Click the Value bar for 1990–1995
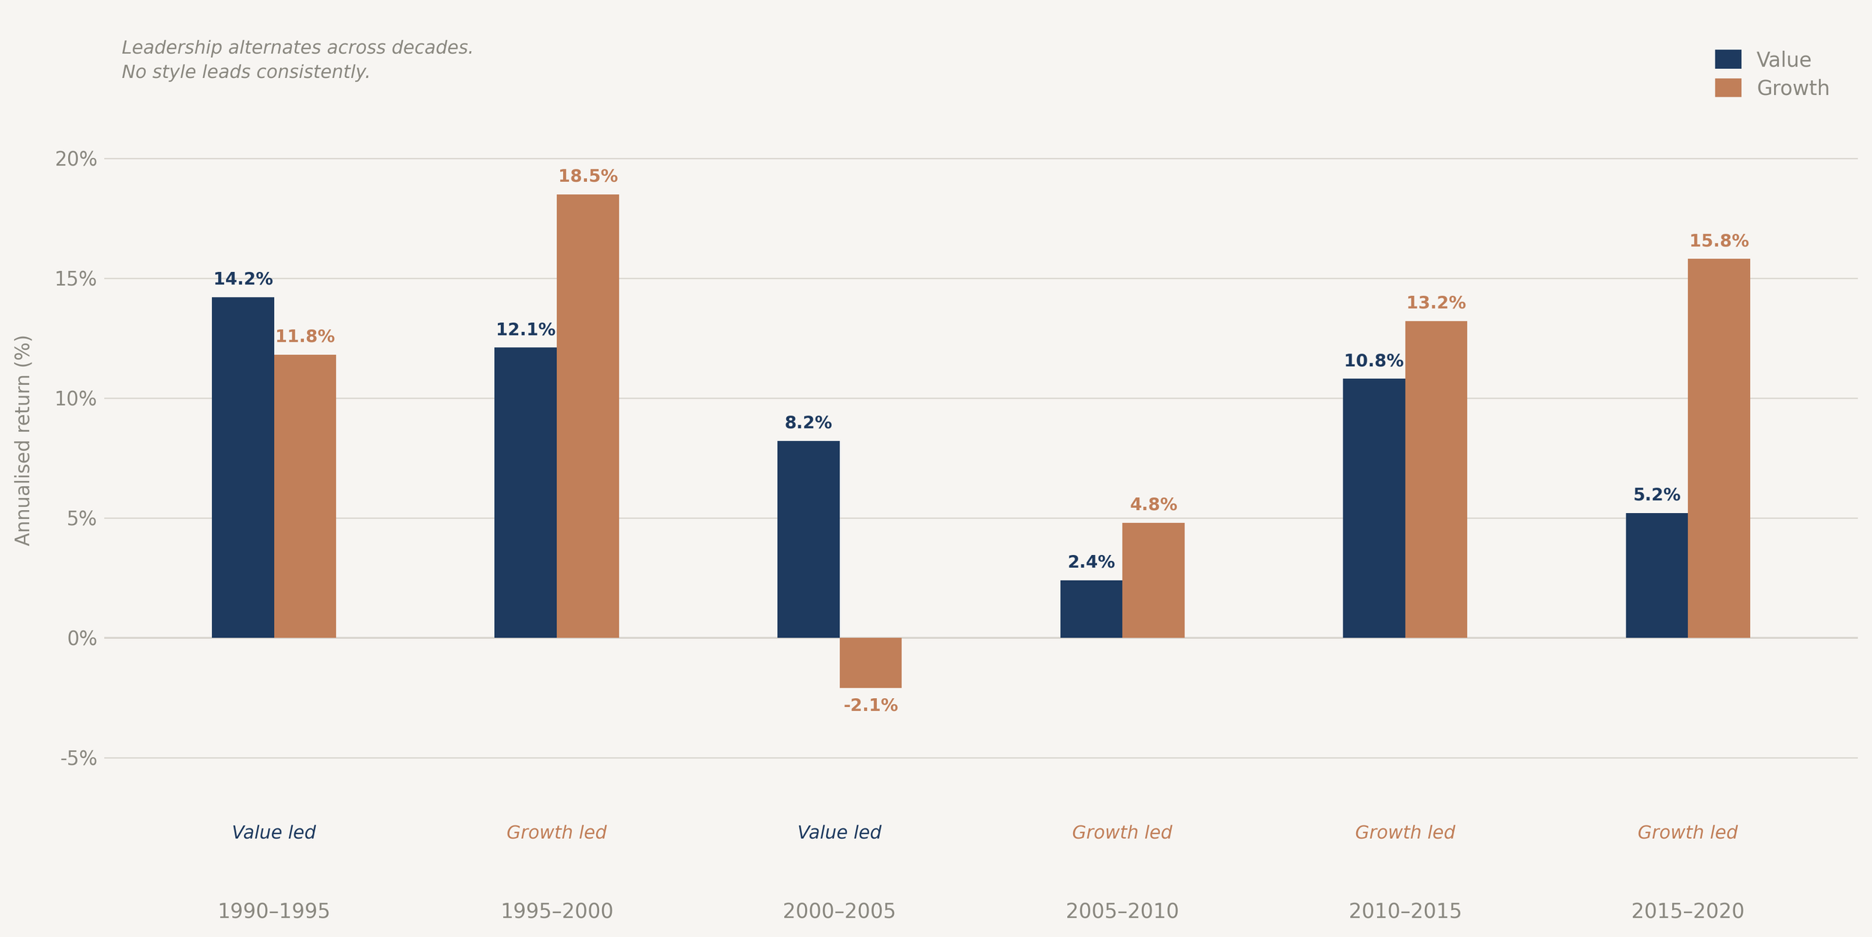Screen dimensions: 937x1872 tap(243, 467)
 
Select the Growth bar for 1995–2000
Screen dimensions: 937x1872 tap(588, 416)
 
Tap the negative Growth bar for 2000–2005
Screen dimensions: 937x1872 tap(870, 662)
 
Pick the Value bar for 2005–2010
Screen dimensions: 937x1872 tap(1091, 608)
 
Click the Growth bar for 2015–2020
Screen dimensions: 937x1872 tap(1718, 448)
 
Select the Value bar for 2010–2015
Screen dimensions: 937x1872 tap(1373, 508)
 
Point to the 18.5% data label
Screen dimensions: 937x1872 tap(588, 177)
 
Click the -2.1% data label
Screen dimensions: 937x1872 tap(870, 706)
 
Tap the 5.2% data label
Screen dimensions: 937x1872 tap(1656, 495)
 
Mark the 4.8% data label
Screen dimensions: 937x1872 tap(1153, 505)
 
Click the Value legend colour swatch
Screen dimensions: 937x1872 tap(1727, 59)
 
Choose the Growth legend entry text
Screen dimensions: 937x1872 tap(1792, 88)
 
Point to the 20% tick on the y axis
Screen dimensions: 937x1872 tap(76, 159)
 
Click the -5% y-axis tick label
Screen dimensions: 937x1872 tap(79, 759)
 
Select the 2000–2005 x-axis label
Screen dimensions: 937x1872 tap(839, 912)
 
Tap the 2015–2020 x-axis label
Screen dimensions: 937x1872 tap(1687, 912)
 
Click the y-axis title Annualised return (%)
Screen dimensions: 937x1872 tap(23, 440)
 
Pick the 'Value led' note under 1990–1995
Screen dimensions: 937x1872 tap(273, 833)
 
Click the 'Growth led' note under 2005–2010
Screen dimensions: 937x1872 tap(1122, 833)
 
